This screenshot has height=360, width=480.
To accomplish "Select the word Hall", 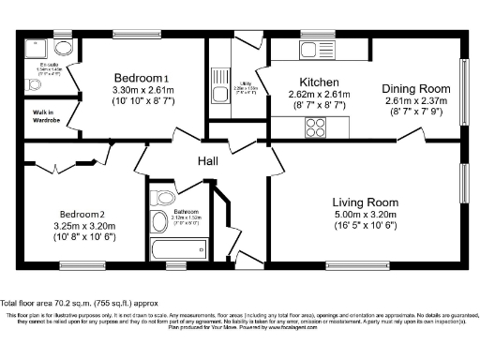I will coord(208,161).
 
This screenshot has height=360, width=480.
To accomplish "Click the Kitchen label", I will coord(318,82).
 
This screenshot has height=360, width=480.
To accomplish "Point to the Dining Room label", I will coord(411,89).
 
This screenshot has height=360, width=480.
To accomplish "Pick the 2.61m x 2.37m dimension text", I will coord(411,101).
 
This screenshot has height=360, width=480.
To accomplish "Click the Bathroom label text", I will coord(187,212).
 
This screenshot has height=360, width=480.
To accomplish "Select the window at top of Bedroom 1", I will coord(129,36).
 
